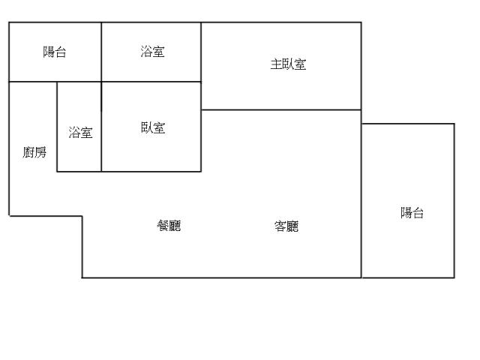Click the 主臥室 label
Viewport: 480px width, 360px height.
coord(288,64)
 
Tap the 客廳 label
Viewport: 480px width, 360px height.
coord(286,226)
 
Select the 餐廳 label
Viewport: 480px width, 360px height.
coord(169,226)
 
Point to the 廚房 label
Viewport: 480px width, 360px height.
coord(34,152)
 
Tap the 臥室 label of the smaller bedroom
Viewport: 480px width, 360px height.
coord(153,127)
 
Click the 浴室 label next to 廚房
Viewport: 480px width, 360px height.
coord(80,133)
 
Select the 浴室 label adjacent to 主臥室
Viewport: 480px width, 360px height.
coord(152,52)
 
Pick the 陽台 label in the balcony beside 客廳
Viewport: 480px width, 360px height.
coord(412,212)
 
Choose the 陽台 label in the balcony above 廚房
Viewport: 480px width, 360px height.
coord(54,52)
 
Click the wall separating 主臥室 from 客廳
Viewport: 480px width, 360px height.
coord(281,109)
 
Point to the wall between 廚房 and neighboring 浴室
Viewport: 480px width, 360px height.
coord(57,127)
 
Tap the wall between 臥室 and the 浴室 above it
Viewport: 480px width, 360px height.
coord(151,82)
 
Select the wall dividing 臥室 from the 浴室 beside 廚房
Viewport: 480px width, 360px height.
coord(101,127)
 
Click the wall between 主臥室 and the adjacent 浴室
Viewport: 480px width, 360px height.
coord(201,52)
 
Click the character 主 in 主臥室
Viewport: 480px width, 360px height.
coord(276,64)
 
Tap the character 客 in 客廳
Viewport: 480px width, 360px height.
coord(280,226)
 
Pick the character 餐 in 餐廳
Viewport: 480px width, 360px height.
coord(163,226)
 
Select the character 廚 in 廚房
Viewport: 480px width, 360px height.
coord(28,152)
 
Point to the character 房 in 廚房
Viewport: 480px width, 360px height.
coord(40,152)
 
